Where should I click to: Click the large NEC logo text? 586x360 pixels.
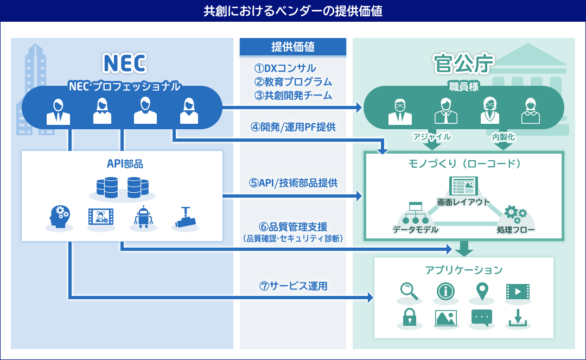(x=124, y=63)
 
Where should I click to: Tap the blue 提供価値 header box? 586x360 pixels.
(x=292, y=47)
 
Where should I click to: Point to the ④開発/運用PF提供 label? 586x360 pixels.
(x=293, y=127)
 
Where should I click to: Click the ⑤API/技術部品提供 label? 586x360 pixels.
(x=293, y=183)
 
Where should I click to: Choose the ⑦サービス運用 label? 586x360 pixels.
(x=293, y=286)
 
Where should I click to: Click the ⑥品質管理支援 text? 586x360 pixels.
(x=293, y=226)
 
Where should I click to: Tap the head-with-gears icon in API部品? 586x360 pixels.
(x=58, y=217)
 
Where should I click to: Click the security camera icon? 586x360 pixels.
(x=185, y=217)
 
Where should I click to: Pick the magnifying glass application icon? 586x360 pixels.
(x=409, y=292)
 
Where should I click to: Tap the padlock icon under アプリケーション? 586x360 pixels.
(x=409, y=317)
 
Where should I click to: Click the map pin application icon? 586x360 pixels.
(x=481, y=292)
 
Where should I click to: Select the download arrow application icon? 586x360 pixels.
(x=517, y=317)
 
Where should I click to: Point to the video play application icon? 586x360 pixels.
(x=517, y=292)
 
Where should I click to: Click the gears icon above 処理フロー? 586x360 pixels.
(x=514, y=212)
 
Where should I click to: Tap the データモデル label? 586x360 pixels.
(x=416, y=230)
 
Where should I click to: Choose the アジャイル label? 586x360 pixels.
(x=432, y=137)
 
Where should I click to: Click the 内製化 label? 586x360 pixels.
(x=503, y=137)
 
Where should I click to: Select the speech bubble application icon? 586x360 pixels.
(x=481, y=317)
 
